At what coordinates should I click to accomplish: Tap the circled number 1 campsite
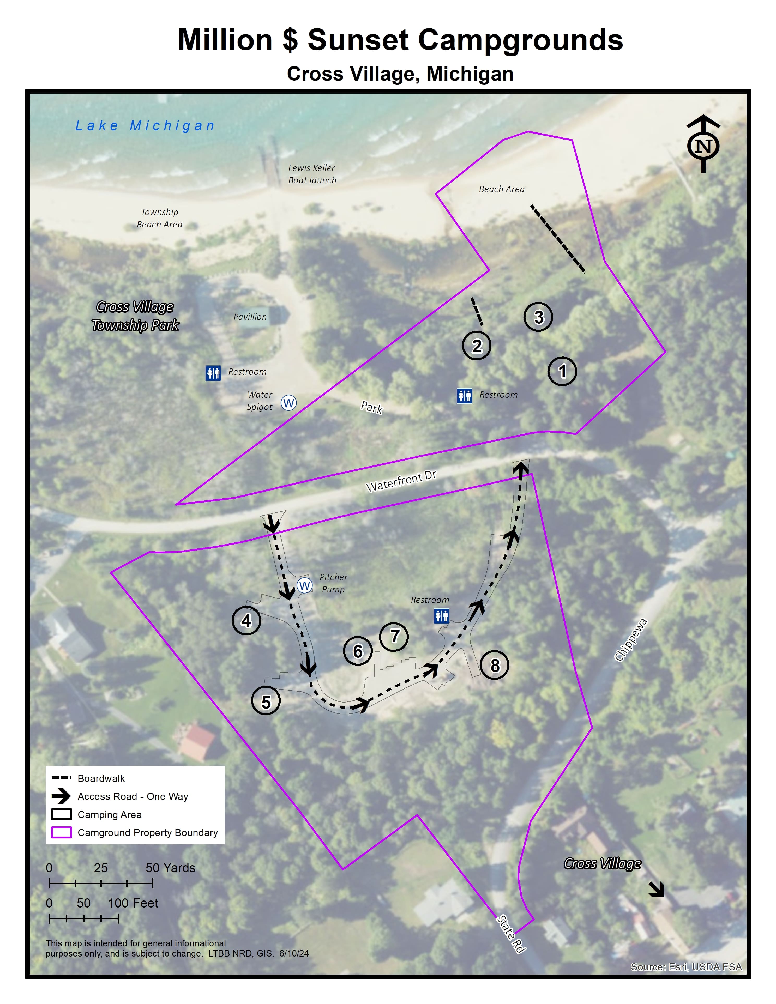[x=562, y=371]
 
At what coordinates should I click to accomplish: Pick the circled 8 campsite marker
[x=494, y=665]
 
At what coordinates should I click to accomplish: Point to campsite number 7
[x=394, y=636]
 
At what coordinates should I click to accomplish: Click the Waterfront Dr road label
[x=401, y=481]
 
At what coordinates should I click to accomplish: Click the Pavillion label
[x=250, y=317]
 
